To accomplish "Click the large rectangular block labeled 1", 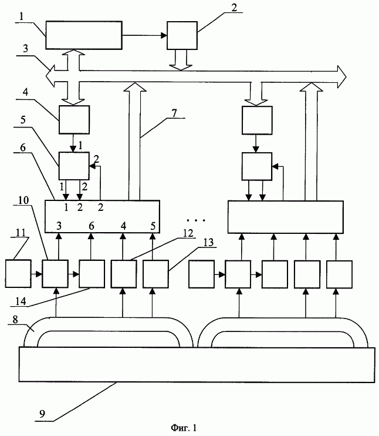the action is [83, 35].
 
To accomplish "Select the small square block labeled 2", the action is [182, 36].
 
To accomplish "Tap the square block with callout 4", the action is [74, 119].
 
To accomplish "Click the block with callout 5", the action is [74, 166].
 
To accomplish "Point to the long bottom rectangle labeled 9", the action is [197, 364].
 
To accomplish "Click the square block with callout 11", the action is [18, 274].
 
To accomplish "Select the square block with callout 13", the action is [155, 274].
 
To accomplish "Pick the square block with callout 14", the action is [92, 274].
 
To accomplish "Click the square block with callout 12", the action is [124, 274].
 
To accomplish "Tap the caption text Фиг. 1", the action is [184, 427].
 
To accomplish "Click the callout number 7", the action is [174, 113].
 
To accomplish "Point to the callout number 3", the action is [25, 48].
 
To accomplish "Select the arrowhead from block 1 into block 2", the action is [164, 35].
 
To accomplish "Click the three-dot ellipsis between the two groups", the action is [196, 220].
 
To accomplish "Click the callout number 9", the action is [42, 414].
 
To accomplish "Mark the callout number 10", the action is [23, 200].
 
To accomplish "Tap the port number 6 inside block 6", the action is [92, 226].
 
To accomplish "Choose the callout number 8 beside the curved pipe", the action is [15, 320].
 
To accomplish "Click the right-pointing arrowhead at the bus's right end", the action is [342, 77].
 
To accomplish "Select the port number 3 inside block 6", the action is [59, 226].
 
